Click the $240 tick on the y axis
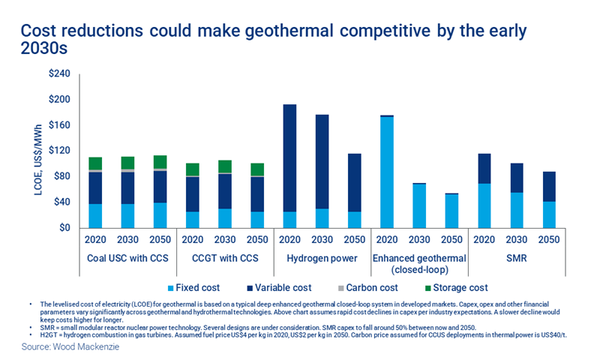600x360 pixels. [59, 73]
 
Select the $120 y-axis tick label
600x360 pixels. [59, 151]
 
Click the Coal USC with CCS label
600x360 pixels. [127, 259]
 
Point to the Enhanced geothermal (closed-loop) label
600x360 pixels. [420, 265]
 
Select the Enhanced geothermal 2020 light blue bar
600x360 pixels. [386, 172]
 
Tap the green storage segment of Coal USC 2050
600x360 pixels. [160, 162]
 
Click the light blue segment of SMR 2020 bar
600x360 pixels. [484, 205]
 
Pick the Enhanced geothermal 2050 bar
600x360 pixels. [451, 211]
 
